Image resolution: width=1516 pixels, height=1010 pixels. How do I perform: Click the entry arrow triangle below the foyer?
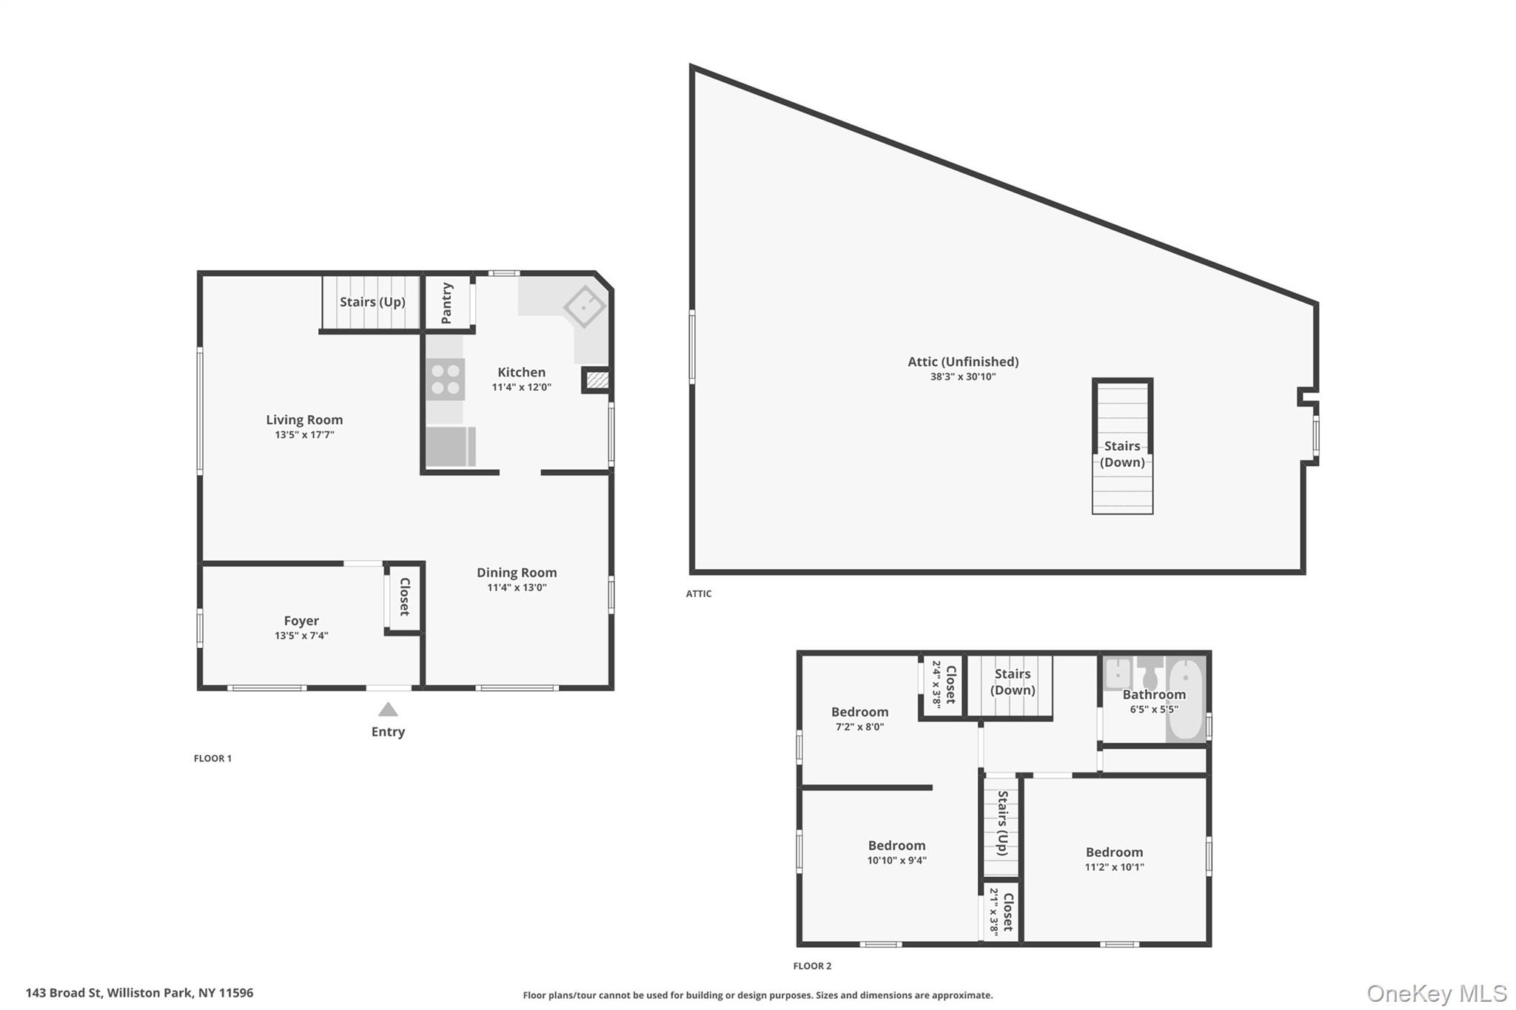(x=388, y=710)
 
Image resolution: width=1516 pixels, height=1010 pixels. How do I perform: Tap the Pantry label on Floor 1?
(x=446, y=303)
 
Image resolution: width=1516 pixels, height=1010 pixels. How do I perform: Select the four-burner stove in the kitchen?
(x=445, y=379)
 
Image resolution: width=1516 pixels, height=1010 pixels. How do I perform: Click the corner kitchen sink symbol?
(x=585, y=306)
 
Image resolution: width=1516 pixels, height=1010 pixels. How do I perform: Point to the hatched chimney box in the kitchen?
(x=597, y=380)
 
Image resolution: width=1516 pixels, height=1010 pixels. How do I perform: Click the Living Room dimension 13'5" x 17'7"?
(x=304, y=435)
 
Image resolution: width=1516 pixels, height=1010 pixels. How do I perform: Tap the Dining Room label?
(x=517, y=573)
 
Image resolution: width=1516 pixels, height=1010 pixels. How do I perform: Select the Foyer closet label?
(x=405, y=596)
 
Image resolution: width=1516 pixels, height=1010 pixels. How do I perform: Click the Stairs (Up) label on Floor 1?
(x=372, y=302)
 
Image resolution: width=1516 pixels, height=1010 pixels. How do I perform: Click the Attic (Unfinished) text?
(x=963, y=362)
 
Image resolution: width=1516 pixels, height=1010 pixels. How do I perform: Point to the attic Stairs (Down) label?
(x=1122, y=454)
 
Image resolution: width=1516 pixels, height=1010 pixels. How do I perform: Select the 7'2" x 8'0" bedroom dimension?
(x=859, y=727)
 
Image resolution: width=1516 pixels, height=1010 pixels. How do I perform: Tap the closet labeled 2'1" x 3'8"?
(x=1001, y=912)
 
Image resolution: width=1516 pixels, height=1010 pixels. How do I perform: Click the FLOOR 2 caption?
(x=812, y=966)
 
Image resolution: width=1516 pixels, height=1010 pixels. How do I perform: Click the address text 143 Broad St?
(x=139, y=993)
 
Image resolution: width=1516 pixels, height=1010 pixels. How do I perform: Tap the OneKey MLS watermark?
(x=1436, y=994)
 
